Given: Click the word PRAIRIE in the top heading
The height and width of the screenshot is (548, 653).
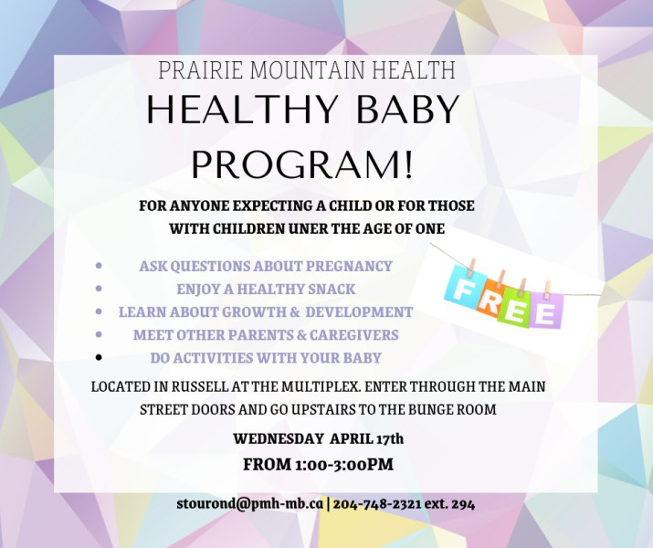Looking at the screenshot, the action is click(200, 70).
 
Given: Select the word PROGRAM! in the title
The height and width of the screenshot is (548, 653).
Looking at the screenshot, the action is click(302, 163).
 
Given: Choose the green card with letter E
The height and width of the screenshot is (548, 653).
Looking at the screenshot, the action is click(514, 307).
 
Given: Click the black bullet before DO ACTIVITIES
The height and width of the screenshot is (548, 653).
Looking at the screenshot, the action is click(99, 357).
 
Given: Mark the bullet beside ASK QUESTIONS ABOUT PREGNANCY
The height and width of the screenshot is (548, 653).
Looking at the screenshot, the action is click(99, 265).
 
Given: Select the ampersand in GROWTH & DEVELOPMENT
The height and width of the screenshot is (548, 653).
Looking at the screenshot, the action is click(295, 311).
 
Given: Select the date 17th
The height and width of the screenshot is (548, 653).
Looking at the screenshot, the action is click(390, 438).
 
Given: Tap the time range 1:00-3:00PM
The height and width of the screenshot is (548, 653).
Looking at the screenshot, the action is click(343, 464).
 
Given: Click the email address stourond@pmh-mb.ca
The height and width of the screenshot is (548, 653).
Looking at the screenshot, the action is click(250, 504).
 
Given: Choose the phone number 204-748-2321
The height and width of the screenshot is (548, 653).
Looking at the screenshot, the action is click(377, 504).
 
